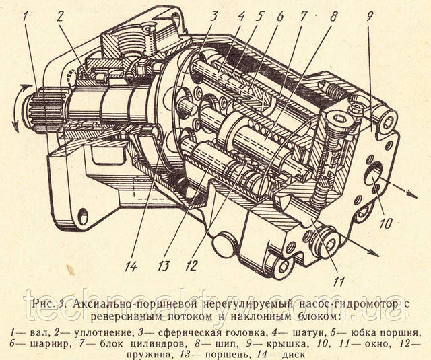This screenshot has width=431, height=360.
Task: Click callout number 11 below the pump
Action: (338, 281)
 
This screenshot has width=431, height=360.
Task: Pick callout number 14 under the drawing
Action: (130, 266)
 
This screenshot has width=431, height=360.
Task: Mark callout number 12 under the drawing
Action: (191, 266)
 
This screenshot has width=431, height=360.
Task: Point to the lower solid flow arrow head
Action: (373, 253)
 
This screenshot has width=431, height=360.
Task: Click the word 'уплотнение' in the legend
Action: (102, 334)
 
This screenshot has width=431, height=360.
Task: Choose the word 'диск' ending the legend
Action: (292, 355)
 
